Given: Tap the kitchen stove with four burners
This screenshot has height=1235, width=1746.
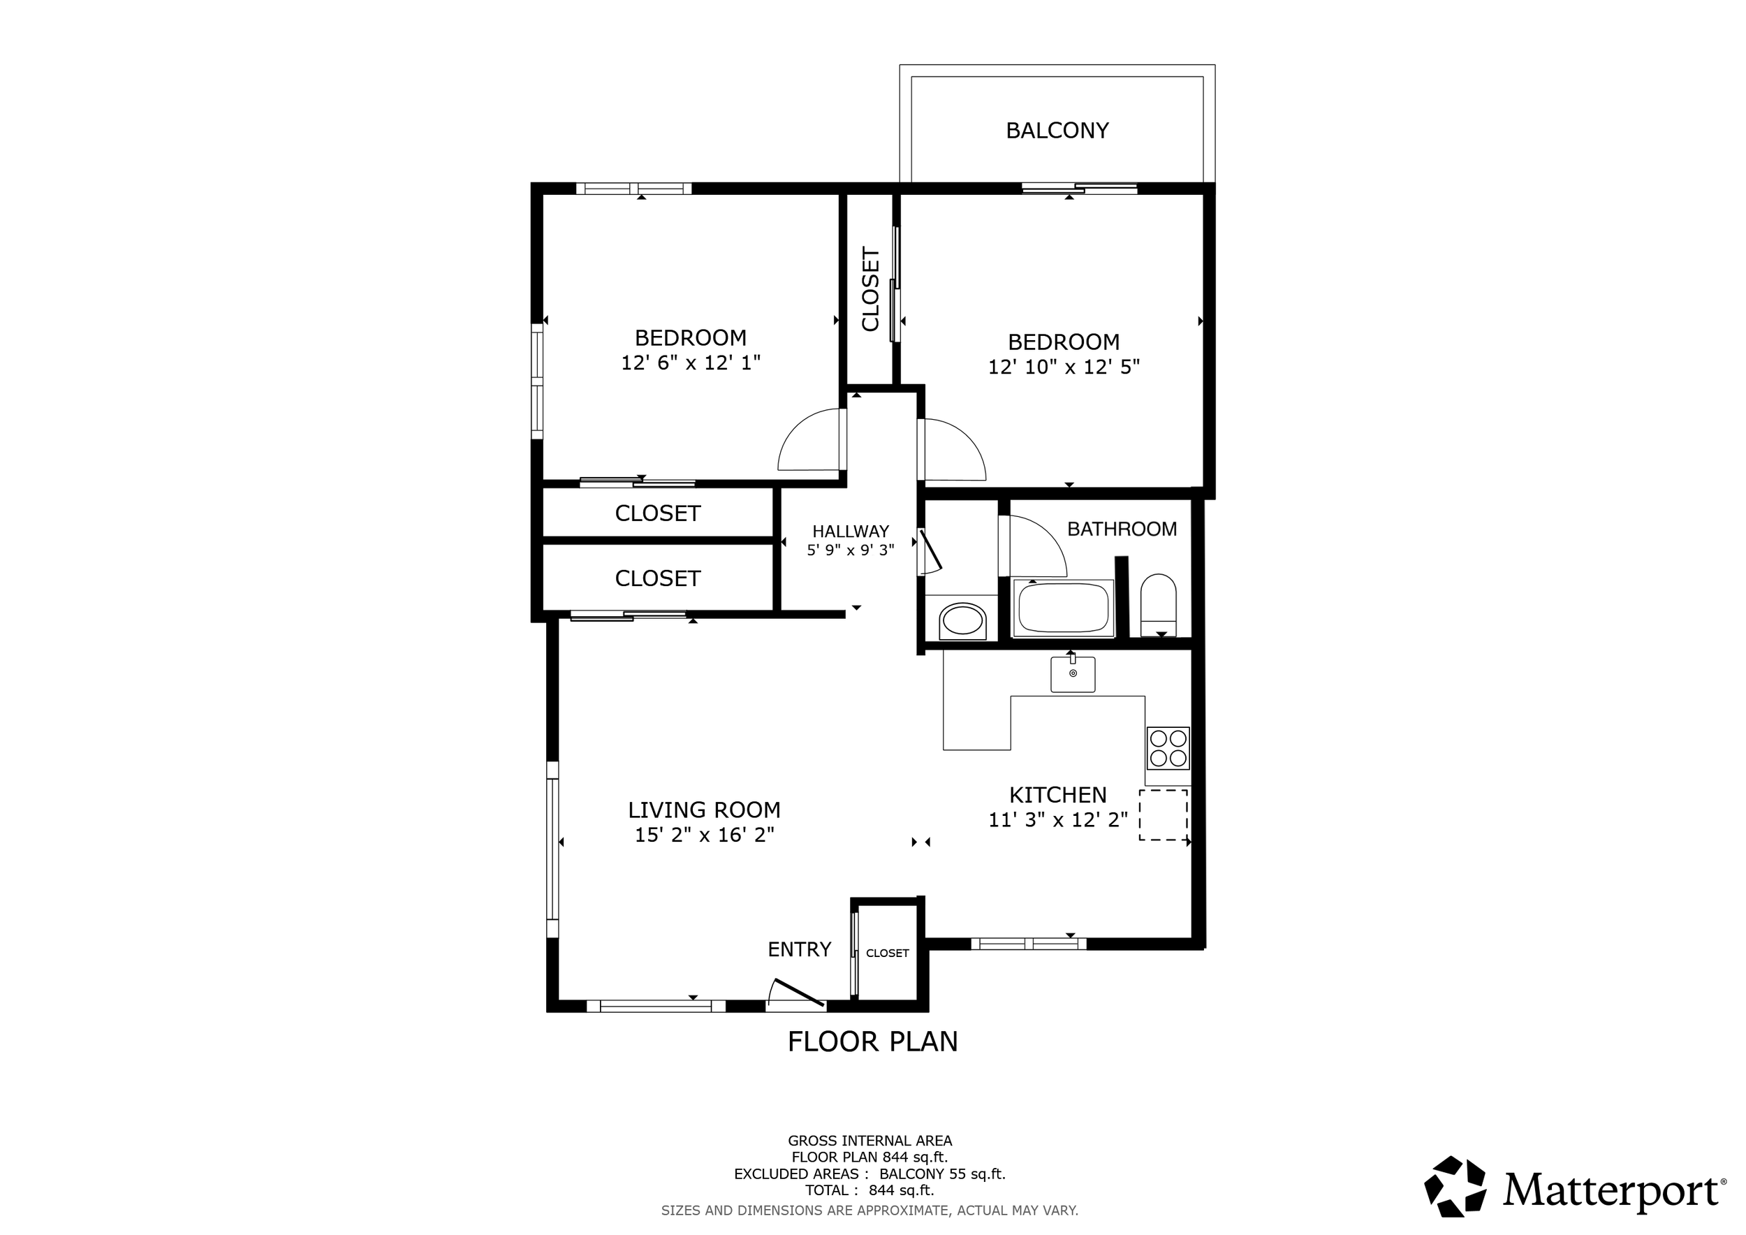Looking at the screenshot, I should click(1167, 747).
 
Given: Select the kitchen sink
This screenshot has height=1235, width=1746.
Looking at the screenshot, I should click(1072, 675).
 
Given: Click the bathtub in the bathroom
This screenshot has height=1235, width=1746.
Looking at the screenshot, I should click(1063, 608).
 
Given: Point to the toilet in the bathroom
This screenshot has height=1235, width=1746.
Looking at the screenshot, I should click(1158, 604).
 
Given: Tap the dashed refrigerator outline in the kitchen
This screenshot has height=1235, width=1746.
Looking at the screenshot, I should click(1163, 815).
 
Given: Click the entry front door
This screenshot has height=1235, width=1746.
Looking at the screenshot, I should click(796, 993).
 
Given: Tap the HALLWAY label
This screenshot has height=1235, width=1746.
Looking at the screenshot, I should click(850, 532).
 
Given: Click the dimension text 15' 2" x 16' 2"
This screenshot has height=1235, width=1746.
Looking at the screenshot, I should click(704, 835).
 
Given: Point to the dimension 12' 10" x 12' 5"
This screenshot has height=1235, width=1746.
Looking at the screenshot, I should click(1063, 367).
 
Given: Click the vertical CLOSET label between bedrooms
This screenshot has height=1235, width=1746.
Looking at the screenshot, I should click(871, 289).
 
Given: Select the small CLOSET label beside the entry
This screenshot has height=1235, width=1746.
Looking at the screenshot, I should click(887, 953).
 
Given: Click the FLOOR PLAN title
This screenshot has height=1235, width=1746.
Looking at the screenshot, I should click(872, 1041).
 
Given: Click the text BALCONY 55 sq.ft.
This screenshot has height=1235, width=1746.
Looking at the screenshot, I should click(942, 1174).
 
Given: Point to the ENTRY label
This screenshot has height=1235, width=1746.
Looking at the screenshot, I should click(798, 949).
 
